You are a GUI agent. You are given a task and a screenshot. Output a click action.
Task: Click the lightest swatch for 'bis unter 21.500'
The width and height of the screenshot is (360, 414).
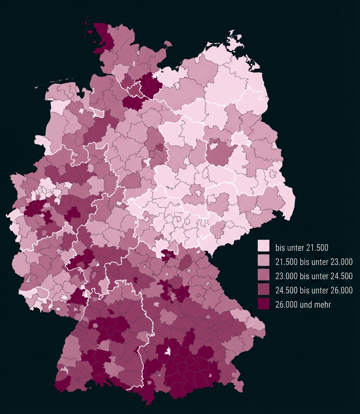coord(264,247)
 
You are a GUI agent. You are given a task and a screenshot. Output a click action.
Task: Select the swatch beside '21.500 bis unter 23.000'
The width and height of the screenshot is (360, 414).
coord(264,261)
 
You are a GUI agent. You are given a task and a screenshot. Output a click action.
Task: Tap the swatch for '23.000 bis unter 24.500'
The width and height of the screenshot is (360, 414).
coord(264,276)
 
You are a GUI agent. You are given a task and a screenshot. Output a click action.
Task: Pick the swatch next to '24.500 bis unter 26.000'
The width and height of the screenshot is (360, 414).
coord(264,290)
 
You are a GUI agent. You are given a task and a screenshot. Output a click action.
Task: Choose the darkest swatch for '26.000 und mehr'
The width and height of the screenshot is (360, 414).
coord(264,304)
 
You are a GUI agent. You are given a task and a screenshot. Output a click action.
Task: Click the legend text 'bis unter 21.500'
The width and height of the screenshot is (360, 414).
coord(301,247)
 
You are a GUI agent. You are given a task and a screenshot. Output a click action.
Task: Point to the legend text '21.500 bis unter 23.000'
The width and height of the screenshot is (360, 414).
coord(314,262)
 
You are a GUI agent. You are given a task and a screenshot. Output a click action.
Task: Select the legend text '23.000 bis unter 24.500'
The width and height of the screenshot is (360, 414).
coord(314,276)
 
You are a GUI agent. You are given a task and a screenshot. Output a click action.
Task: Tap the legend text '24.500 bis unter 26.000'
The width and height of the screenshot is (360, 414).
coord(314,290)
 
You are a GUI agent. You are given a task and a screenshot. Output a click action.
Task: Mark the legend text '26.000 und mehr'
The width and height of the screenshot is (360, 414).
coord(303,304)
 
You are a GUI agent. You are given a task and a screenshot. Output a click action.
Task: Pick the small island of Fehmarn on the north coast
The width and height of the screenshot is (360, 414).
coord(168,44)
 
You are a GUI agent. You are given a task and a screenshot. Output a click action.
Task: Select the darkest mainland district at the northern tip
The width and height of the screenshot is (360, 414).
coord(103,37)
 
